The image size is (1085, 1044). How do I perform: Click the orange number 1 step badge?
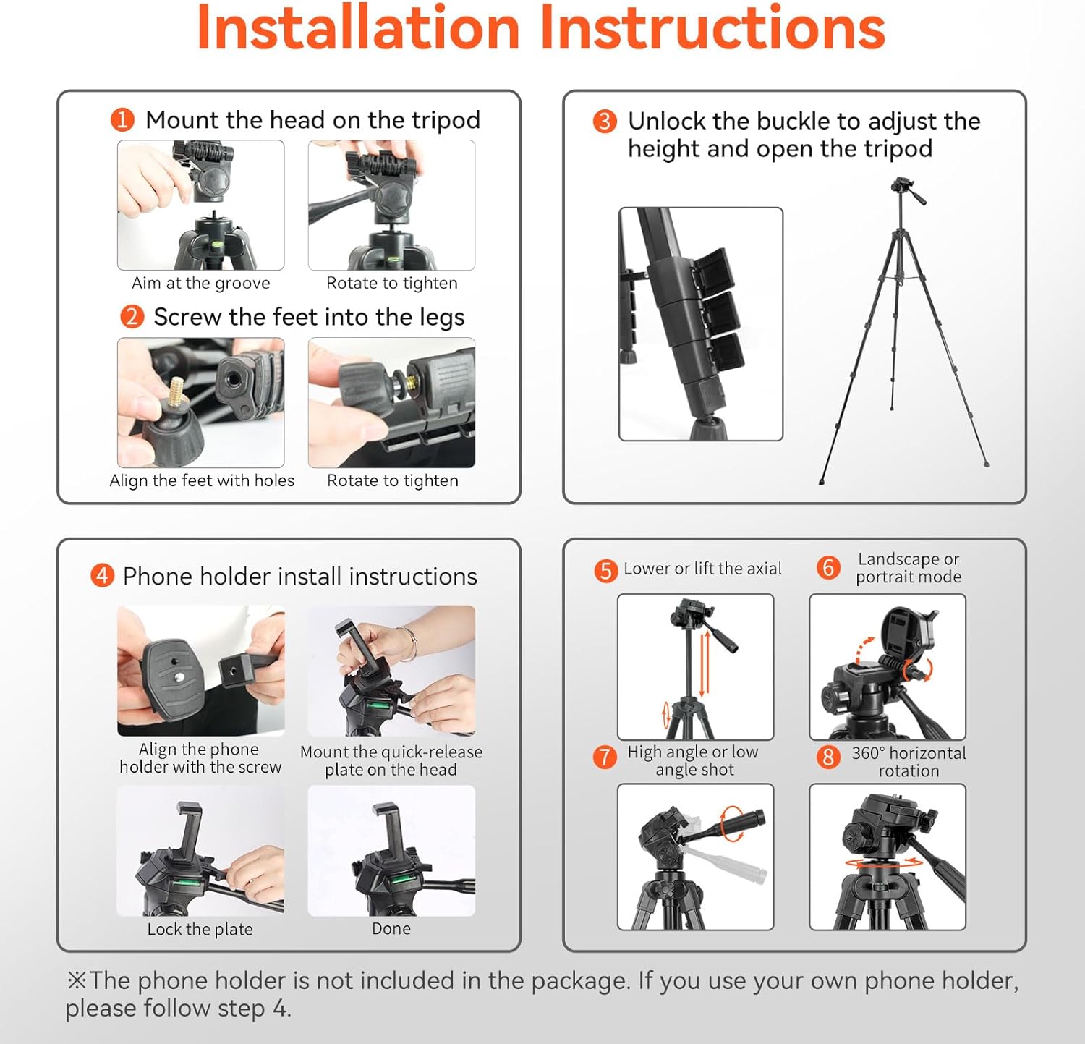point(122,119)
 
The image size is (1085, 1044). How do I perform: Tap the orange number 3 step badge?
point(605,121)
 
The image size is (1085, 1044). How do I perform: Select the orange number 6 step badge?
point(828,568)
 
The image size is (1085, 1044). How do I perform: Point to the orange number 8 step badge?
point(828,757)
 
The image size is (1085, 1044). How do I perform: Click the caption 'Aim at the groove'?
point(201,283)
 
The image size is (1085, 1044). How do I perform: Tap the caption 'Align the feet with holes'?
point(202,480)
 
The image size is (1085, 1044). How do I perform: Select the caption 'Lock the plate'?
point(200,929)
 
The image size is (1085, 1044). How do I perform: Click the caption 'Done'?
point(391,928)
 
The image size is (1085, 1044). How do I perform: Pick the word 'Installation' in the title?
point(359,27)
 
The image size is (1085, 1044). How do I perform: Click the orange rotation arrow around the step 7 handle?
point(731,823)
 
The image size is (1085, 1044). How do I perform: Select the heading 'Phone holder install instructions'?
point(300,576)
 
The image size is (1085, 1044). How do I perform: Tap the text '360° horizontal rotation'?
point(909,762)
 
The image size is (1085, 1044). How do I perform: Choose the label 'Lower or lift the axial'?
point(702,569)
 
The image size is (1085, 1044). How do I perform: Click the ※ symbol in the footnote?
point(77,980)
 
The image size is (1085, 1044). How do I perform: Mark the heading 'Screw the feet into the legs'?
point(309,317)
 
